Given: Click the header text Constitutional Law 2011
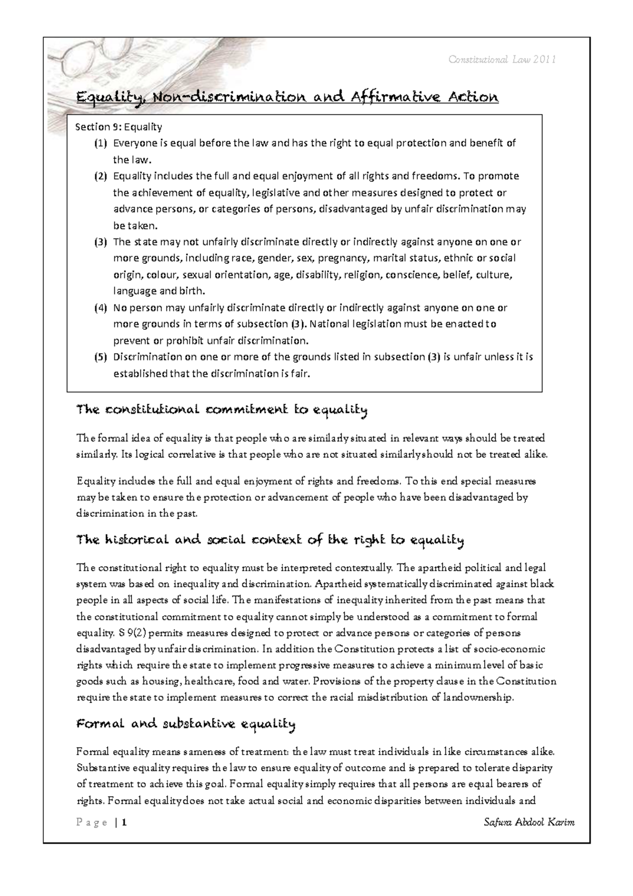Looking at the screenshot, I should (503, 60).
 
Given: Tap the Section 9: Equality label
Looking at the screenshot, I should (119, 127).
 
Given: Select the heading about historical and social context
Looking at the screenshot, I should (270, 540).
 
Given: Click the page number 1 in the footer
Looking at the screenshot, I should (123, 823).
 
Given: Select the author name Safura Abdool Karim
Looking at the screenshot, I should (529, 823).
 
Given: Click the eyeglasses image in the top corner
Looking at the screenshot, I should (84, 61).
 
